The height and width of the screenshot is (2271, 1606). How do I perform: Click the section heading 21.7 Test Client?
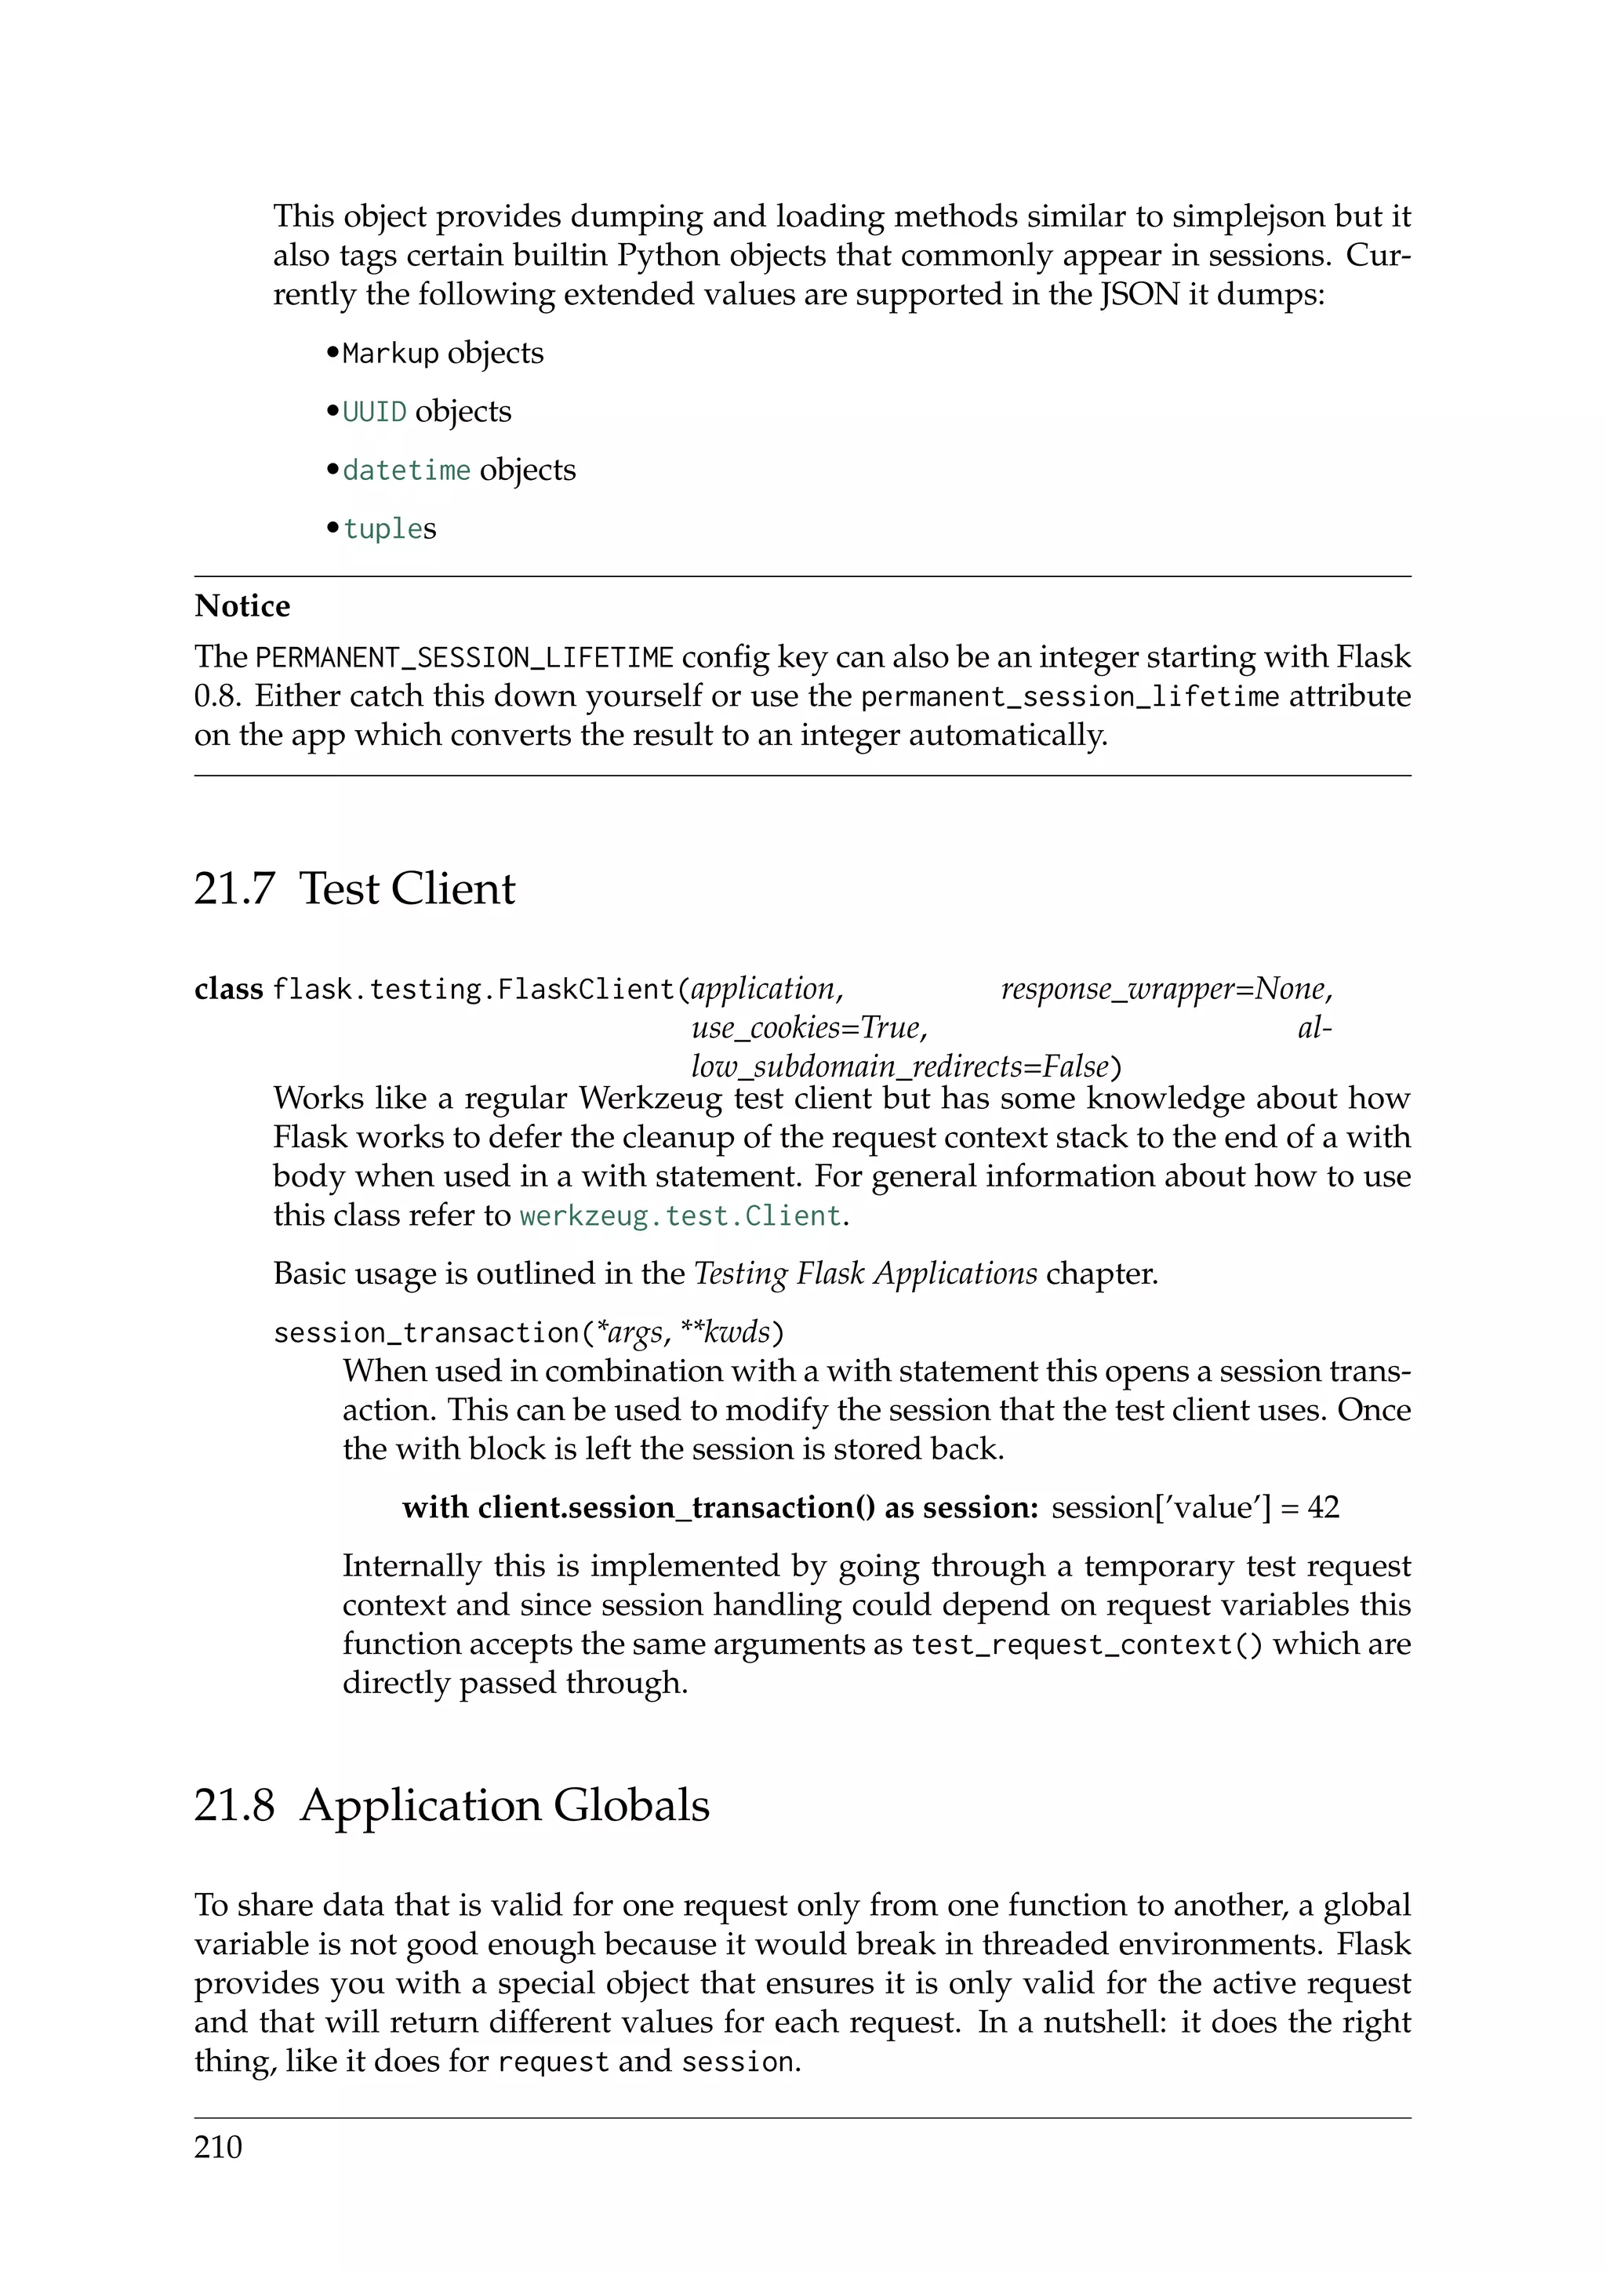(x=354, y=888)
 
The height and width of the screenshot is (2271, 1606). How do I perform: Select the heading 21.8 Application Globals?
(x=451, y=1804)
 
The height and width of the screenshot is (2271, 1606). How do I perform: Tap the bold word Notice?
(x=242, y=605)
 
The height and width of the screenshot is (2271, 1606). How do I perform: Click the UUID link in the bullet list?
(x=375, y=412)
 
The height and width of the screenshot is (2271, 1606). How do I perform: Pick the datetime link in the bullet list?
(x=406, y=470)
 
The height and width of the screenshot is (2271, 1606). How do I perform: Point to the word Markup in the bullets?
(x=390, y=353)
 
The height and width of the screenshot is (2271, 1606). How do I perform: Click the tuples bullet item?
(x=390, y=529)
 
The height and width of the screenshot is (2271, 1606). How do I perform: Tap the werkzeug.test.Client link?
(x=681, y=1215)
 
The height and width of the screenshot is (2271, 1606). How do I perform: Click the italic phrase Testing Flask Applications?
(x=865, y=1273)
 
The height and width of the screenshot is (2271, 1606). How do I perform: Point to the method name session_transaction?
(x=425, y=1333)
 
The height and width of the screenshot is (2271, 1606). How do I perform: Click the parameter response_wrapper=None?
(x=1166, y=989)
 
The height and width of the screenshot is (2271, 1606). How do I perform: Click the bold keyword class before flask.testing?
(x=228, y=989)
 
